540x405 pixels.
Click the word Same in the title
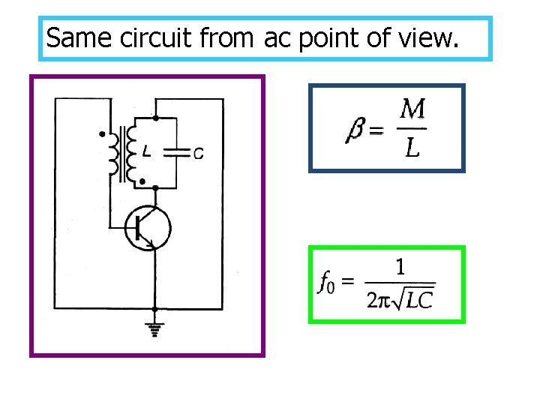[71, 37]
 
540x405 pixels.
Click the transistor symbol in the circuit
[147, 227]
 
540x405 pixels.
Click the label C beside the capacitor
[197, 154]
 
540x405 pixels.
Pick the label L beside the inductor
[147, 152]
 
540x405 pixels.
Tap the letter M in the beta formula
[412, 111]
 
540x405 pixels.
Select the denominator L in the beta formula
[412, 148]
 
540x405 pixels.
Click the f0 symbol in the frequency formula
[326, 283]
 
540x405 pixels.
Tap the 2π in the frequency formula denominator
[378, 300]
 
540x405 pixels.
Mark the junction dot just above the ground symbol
[154, 309]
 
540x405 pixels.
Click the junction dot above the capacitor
[155, 118]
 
